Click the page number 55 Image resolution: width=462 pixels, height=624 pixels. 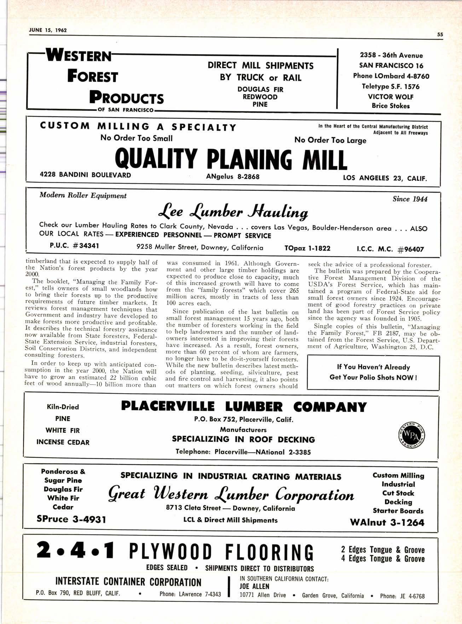click(440, 35)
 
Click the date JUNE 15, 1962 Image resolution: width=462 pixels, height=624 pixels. click(48, 30)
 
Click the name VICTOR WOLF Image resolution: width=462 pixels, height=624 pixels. click(390, 96)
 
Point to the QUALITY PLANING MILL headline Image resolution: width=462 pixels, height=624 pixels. click(231, 160)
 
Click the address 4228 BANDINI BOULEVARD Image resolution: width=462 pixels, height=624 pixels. click(85, 175)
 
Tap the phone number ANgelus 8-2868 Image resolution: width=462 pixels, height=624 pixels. click(233, 176)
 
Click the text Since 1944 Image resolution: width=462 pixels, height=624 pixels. click(410, 199)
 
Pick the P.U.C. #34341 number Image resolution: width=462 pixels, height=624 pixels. click(74, 246)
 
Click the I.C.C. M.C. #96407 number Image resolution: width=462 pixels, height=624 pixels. click(390, 249)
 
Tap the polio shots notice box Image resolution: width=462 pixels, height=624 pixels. click(373, 372)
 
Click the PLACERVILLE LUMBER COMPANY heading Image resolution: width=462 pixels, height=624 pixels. click(244, 407)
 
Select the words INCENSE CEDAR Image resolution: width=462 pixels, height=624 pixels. click(63, 442)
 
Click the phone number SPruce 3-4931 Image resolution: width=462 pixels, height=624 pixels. click(71, 519)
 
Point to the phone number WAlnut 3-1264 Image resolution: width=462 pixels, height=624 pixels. click(387, 522)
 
